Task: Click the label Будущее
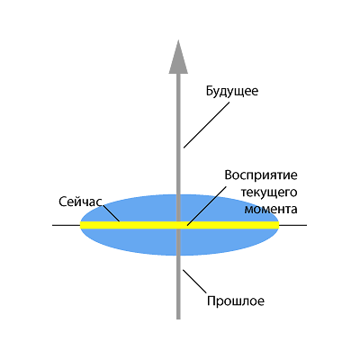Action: coord(232,91)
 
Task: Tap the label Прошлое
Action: coord(236,301)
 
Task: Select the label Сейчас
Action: coord(80,202)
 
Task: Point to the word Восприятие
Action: coord(261,175)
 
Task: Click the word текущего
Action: coord(269,193)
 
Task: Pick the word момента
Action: coord(271,209)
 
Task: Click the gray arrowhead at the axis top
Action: coord(178,57)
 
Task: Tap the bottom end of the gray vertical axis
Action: coord(178,319)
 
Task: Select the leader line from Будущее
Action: coord(207,125)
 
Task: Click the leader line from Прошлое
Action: coord(194,282)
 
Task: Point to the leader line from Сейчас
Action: coord(112,213)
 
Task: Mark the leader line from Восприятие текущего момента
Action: coord(207,205)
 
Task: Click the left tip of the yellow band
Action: coord(80,225)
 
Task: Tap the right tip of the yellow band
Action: coord(279,225)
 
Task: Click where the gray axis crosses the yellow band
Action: coord(178,225)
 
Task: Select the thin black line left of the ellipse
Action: coord(67,225)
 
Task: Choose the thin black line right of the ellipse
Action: coord(292,225)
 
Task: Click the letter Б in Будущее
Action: coord(210,91)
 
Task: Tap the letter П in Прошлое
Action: coord(211,301)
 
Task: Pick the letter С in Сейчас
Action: coord(62,202)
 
